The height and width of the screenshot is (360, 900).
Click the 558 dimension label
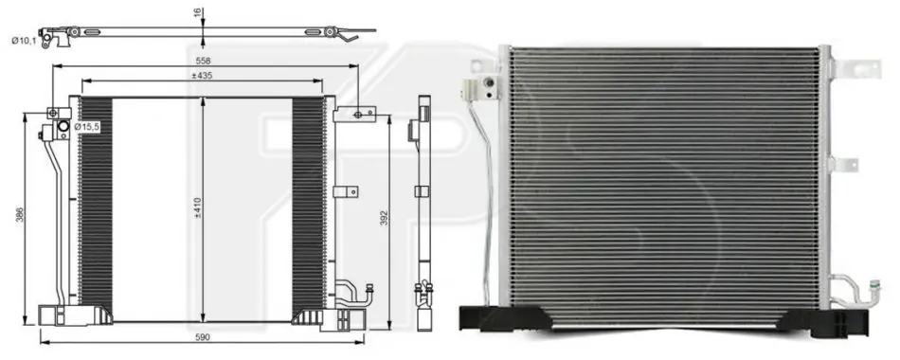[x=203, y=61]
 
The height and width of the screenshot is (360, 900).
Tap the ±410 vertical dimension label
[x=199, y=207]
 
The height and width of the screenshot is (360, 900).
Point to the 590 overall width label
[x=203, y=337]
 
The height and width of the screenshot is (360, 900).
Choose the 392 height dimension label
[x=385, y=219]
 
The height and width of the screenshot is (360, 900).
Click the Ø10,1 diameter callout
[x=24, y=41]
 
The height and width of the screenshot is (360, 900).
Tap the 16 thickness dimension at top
[x=198, y=12]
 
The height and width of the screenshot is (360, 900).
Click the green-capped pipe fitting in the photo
[x=874, y=285]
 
